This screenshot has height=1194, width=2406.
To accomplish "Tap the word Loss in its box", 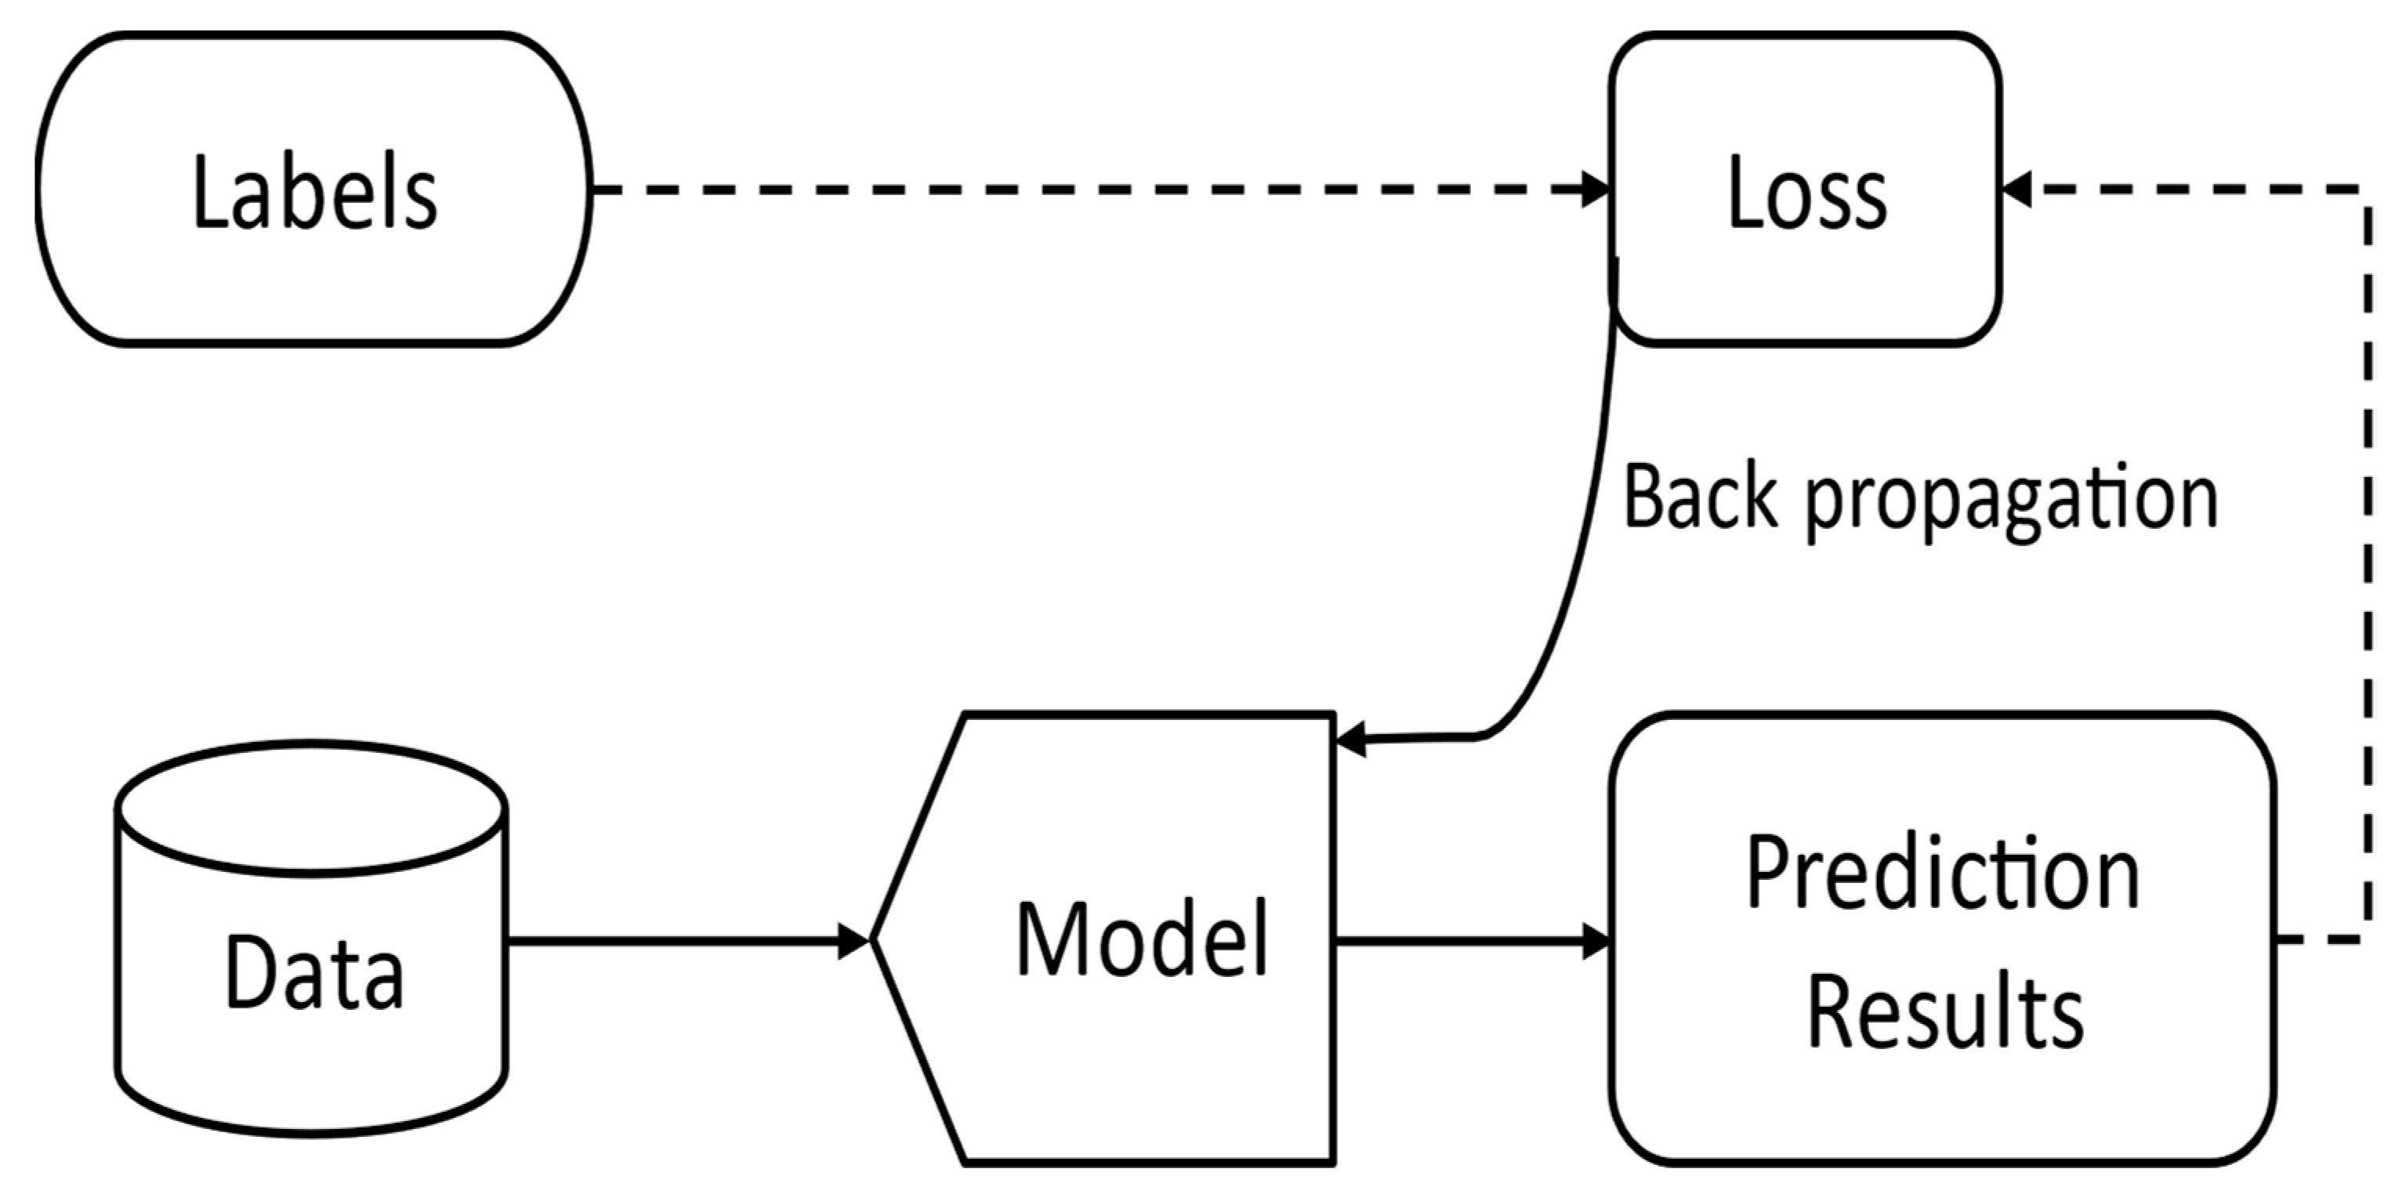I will [1806, 194].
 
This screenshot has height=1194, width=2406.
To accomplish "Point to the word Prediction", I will [1943, 874].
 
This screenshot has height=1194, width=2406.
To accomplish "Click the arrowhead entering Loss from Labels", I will [1596, 190].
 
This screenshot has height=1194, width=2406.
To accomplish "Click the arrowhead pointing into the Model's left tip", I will [853, 940].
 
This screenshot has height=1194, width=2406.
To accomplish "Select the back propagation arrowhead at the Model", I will [1351, 740].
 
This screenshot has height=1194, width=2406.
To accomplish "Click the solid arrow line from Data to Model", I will [672, 940].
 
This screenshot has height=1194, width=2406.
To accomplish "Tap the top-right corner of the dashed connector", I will [2368, 190].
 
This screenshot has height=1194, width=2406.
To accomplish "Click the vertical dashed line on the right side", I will [2368, 560].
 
